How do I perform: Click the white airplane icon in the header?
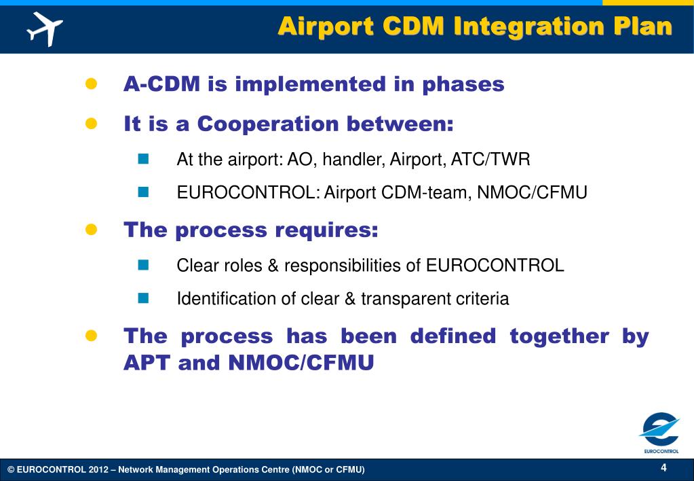coord(45,29)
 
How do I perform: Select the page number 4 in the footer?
coord(663,467)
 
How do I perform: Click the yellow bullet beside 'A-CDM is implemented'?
coord(91,84)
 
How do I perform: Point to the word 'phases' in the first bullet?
coord(463,84)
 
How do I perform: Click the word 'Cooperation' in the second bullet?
coord(268,124)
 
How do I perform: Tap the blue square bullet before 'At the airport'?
coord(143,159)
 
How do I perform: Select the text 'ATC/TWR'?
coord(490,159)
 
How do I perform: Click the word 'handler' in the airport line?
coord(352,159)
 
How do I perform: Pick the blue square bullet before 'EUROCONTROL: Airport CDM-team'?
coord(143,192)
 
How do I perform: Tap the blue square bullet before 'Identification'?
coord(143,298)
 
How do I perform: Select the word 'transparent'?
coord(406,299)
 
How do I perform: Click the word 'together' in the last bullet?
coord(560,336)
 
